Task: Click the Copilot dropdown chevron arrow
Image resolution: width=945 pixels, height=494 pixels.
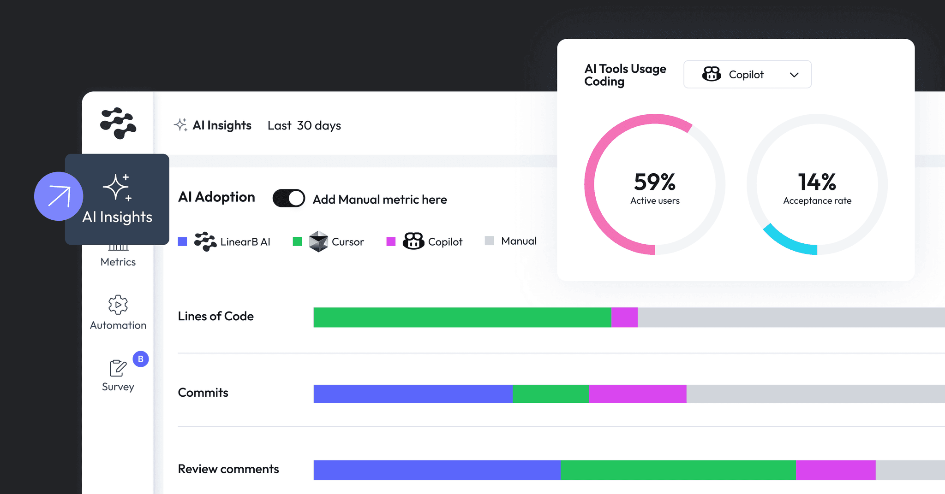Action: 794,75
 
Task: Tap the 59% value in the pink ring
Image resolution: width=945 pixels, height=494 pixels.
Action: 654,182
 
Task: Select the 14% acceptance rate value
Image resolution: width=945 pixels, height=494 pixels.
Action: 817,182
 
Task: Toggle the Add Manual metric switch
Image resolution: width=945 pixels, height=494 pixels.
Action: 289,199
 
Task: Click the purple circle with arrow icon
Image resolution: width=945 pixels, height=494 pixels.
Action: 59,196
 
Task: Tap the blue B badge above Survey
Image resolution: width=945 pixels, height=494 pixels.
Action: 141,359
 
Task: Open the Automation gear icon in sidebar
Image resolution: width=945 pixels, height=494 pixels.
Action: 118,305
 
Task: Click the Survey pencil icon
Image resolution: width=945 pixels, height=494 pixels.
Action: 118,368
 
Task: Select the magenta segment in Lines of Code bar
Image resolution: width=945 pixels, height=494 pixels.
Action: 624,318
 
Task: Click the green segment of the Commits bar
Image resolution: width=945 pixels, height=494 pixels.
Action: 550,394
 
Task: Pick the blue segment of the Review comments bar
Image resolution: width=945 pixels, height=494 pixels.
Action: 437,470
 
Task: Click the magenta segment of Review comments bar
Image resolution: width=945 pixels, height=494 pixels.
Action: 835,470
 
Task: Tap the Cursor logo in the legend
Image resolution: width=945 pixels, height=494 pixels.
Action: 318,241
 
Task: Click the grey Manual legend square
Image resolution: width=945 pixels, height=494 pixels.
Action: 490,241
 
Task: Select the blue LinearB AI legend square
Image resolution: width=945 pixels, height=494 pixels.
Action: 182,241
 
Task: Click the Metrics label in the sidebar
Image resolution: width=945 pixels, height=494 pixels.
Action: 118,262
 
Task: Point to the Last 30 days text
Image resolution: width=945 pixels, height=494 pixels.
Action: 304,125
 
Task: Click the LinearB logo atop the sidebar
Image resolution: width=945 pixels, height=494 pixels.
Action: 118,123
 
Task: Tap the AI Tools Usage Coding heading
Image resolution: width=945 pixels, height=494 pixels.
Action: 625,75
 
